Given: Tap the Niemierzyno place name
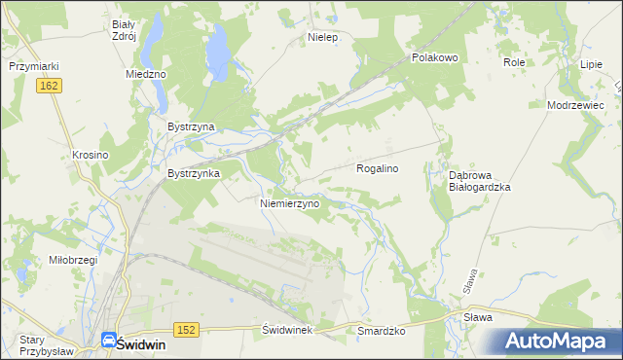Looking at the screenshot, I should pyautogui.click(x=290, y=204).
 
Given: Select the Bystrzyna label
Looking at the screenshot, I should pyautogui.click(x=191, y=126).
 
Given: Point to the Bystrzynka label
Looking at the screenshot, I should pyautogui.click(x=194, y=173).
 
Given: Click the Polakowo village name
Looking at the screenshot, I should pyautogui.click(x=434, y=57).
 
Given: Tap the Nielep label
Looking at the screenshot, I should pyautogui.click(x=321, y=37).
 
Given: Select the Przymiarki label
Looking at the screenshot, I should pyautogui.click(x=35, y=66).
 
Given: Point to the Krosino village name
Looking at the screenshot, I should pyautogui.click(x=90, y=155).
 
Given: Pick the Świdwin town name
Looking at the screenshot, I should pyautogui.click(x=138, y=343).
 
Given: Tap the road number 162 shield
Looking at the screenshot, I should pyautogui.click(x=52, y=87).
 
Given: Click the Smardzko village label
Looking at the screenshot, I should pyautogui.click(x=382, y=331).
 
